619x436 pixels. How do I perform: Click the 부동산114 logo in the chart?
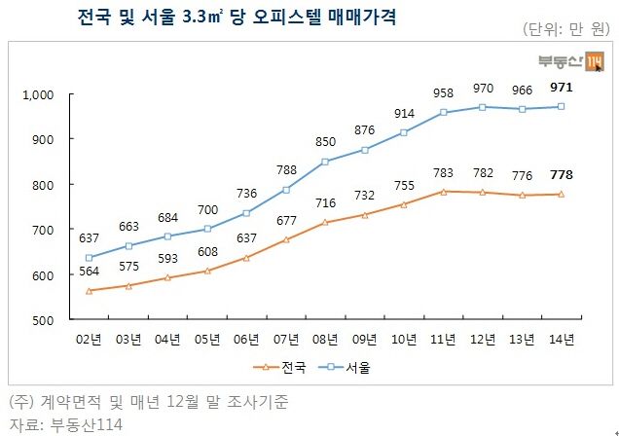click(x=570, y=63)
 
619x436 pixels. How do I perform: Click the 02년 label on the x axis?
click(x=90, y=339)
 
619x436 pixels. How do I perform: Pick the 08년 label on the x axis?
click(x=326, y=339)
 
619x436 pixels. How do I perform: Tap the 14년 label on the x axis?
click(x=562, y=339)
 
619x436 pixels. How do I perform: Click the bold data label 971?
click(x=561, y=88)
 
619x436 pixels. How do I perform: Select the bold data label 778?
click(x=561, y=175)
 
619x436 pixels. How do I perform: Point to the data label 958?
click(x=444, y=93)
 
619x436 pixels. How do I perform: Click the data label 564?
click(x=90, y=272)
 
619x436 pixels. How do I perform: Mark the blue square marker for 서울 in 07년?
click(x=286, y=190)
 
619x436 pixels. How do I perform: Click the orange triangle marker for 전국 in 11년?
click(x=444, y=192)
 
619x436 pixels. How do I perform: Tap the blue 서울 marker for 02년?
click(x=90, y=258)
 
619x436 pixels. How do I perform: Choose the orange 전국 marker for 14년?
click(x=562, y=194)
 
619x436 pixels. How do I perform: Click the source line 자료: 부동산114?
click(x=66, y=424)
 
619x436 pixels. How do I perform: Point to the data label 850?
click(x=326, y=142)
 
